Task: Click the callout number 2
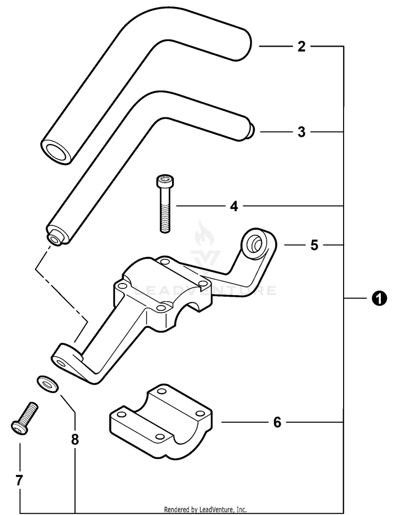click(x=301, y=47)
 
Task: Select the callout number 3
click(x=301, y=132)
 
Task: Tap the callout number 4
click(x=234, y=206)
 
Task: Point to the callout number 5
click(x=314, y=245)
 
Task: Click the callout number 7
click(x=19, y=480)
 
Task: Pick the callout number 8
click(x=75, y=439)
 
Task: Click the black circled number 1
click(x=379, y=298)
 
